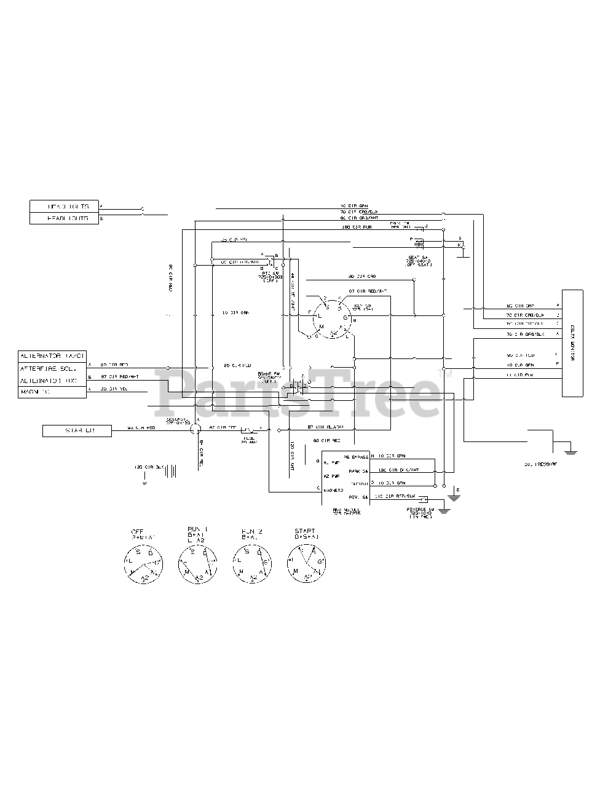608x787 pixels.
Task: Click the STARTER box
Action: tap(77, 431)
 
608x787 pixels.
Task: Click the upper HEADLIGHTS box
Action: tap(64, 206)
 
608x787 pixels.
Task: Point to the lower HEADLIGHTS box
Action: tap(64, 218)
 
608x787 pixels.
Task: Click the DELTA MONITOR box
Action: tap(572, 344)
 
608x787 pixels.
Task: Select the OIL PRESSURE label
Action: tap(540, 464)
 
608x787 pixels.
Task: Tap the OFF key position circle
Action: tap(141, 563)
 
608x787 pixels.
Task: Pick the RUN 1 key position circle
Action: tap(197, 563)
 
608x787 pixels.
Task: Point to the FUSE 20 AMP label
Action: tap(248, 439)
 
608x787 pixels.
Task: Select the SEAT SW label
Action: tap(420, 261)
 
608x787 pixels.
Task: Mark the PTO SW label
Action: tap(270, 275)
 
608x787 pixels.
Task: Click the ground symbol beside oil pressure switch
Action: tap(570, 451)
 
